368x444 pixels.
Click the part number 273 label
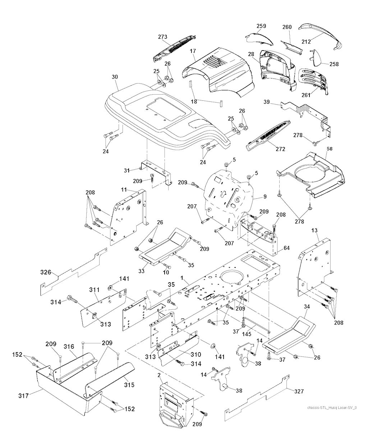click(163, 37)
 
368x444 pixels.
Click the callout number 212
click(306, 42)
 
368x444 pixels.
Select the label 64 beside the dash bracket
click(286, 248)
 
